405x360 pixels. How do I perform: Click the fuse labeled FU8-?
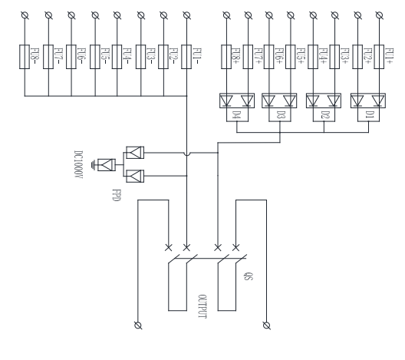(25, 57)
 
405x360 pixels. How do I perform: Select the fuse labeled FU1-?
(186, 57)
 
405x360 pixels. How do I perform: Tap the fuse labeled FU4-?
(117, 57)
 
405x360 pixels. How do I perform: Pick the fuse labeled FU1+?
(379, 57)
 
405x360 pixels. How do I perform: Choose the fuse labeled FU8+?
(226, 57)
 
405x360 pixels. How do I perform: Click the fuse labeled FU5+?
(291, 57)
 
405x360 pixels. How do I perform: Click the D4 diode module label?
(236, 114)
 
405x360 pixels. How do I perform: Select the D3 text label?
(281, 114)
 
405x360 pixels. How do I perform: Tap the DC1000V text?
(78, 164)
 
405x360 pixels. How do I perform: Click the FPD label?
(117, 195)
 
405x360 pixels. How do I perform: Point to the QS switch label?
(249, 276)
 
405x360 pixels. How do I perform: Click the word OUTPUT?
(202, 306)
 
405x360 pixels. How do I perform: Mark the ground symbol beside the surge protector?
(94, 165)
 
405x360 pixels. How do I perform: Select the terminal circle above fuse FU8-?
(25, 15)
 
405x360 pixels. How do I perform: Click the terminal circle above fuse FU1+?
(379, 15)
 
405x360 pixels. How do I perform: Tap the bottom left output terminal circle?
(138, 325)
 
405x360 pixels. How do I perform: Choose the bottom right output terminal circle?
(267, 325)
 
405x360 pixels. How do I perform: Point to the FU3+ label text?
(345, 56)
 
